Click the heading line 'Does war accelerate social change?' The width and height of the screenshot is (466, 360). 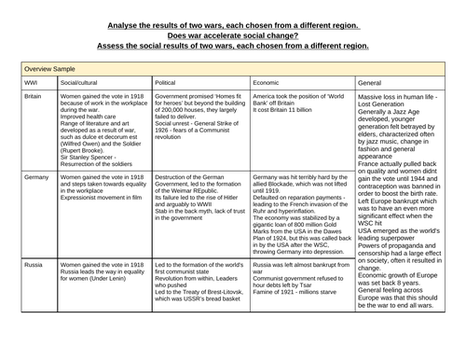pos(233,35)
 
